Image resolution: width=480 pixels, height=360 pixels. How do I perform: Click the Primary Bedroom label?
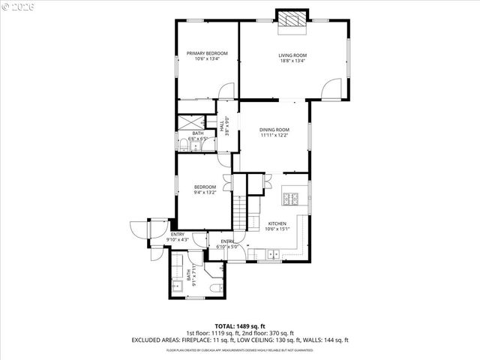click(207, 56)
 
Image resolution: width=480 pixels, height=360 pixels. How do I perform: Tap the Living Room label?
click(292, 58)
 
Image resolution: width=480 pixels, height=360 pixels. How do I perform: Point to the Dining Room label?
click(274, 133)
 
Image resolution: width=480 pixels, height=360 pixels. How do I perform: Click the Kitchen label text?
click(277, 226)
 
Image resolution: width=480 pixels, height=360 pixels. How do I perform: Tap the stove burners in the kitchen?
click(291, 199)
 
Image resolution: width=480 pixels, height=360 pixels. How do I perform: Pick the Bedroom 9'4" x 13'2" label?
click(205, 190)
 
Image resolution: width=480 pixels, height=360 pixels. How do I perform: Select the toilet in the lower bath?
click(215, 286)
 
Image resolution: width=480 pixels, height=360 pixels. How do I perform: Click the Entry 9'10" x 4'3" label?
click(177, 237)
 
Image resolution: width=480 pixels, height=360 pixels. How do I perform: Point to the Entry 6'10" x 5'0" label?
click(226, 244)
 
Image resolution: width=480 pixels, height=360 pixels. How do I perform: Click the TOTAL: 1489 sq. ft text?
click(240, 326)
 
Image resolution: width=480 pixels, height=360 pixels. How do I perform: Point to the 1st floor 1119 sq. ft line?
click(240, 333)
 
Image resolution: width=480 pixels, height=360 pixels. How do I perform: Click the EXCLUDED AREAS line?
click(240, 340)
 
